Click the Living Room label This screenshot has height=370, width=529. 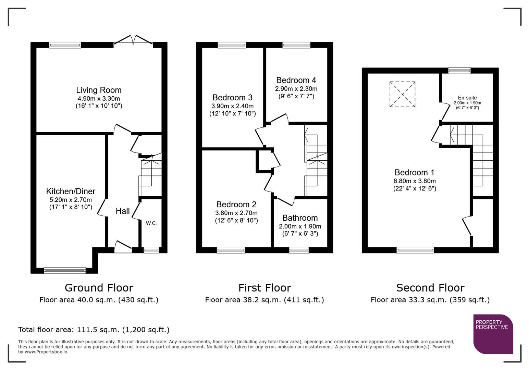(x=99, y=90)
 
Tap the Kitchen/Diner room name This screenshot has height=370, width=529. (x=71, y=191)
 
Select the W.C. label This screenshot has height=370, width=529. (x=151, y=223)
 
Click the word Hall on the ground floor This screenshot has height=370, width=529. (x=123, y=211)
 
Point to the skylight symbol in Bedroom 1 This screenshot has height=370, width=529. (x=402, y=94)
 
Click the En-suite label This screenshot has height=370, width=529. (x=467, y=98)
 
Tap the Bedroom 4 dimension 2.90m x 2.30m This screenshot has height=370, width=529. (x=296, y=89)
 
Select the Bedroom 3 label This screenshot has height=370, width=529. (x=232, y=98)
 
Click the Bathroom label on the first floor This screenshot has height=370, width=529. (x=300, y=218)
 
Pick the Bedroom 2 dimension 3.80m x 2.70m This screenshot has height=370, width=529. (x=236, y=213)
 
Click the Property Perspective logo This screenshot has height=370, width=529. (x=493, y=334)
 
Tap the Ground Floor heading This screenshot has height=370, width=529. (x=99, y=288)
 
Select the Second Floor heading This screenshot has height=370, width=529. (x=430, y=288)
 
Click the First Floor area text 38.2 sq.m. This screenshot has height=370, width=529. (x=264, y=300)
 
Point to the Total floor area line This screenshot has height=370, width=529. (x=94, y=330)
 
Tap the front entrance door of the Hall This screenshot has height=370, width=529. (x=123, y=247)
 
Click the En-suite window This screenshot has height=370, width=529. (x=459, y=71)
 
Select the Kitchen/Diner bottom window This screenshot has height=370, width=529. (x=65, y=271)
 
